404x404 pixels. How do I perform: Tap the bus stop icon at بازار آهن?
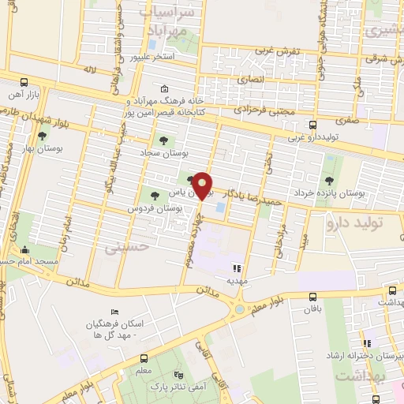tap(24, 82)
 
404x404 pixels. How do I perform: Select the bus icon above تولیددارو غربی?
tap(313, 125)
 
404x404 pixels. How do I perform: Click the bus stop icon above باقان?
tap(314, 297)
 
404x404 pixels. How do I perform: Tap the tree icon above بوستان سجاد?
tap(163, 140)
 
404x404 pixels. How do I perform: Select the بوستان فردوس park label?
tap(155, 208)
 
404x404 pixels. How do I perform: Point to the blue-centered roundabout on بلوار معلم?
tap(239, 310)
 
